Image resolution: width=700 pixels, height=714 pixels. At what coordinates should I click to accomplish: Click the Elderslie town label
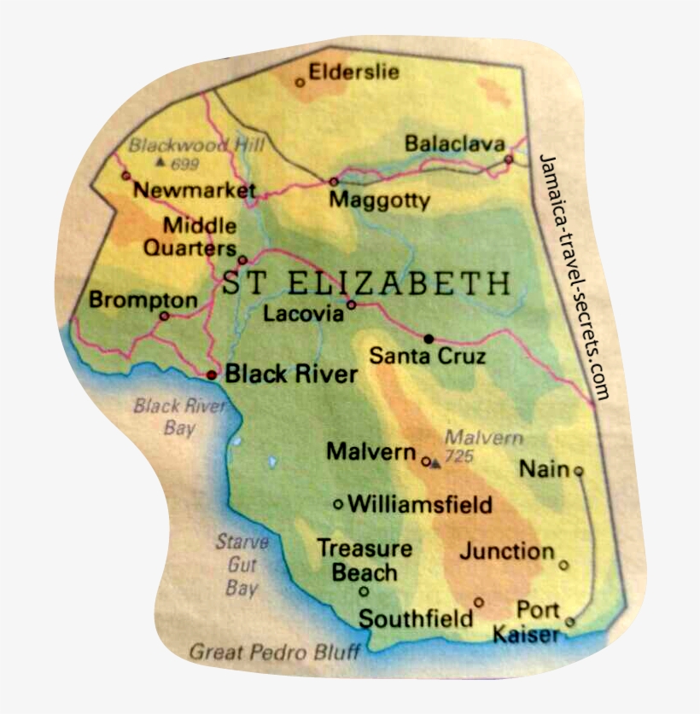pos(353,72)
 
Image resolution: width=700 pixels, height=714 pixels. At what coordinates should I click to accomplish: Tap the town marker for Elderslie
pos(300,83)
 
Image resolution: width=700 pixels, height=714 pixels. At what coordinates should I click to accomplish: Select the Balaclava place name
pos(454,144)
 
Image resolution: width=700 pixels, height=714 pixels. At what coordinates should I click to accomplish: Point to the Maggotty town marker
pos(333,182)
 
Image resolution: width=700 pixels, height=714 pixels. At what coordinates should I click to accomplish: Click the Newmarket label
pos(195,190)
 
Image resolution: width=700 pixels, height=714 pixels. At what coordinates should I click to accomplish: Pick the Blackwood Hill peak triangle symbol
pos(160,162)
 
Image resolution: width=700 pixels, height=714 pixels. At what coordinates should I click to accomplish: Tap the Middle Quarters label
pos(200,237)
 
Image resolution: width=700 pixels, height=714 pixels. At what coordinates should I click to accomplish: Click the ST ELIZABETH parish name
pos(367,283)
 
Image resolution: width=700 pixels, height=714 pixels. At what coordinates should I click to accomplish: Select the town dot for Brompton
pos(165,316)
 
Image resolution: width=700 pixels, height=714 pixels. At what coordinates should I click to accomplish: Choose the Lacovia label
pos(303,314)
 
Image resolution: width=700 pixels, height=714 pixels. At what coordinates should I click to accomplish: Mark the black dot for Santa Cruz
pos(429,338)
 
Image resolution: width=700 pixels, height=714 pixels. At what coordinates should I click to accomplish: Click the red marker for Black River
pos(213,374)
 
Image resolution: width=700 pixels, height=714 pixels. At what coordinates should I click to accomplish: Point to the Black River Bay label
pos(179,416)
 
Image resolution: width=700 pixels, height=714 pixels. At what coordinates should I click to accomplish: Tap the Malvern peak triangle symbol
pos(436,463)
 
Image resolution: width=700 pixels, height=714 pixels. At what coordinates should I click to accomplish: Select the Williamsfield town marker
pos(338,504)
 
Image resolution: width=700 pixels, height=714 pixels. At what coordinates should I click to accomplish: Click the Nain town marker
pos(579,470)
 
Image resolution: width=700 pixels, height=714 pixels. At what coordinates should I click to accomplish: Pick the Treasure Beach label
pos(365,560)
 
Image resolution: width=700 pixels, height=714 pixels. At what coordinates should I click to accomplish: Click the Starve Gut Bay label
pos(242,565)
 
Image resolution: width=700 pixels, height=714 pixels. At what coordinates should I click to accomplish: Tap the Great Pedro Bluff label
pos(274,653)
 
